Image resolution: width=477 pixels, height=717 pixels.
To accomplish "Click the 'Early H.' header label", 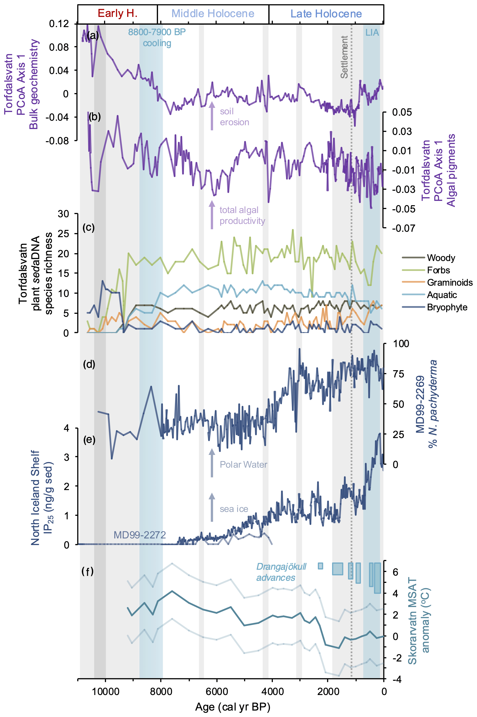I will pyautogui.click(x=118, y=13).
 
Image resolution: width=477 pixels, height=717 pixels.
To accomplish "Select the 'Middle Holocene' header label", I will pyautogui.click(x=213, y=14).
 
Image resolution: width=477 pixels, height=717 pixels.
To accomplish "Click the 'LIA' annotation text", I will pyautogui.click(x=372, y=32).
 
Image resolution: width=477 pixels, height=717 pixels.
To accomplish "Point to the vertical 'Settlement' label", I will pyautogui.click(x=344, y=57).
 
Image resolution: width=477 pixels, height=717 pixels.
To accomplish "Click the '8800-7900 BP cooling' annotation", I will pyautogui.click(x=157, y=37).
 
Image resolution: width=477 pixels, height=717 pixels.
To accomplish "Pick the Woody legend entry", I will pyautogui.click(x=441, y=258).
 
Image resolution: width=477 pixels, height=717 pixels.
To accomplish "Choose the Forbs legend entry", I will pyautogui.click(x=438, y=270).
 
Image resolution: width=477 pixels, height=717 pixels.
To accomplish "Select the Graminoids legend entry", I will pyautogui.click(x=450, y=282).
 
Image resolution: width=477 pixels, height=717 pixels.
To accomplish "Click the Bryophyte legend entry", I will pyautogui.click(x=447, y=307).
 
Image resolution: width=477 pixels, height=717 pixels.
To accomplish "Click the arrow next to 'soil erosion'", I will pyautogui.click(x=212, y=116).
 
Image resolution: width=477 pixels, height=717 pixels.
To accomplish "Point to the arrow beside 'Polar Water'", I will pyautogui.click(x=212, y=462).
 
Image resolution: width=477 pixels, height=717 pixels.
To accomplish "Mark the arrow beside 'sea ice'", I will pyautogui.click(x=212, y=507).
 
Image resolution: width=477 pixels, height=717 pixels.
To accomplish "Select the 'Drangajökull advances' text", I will pyautogui.click(x=281, y=572).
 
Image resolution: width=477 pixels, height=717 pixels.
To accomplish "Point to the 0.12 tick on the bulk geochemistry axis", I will pyautogui.click(x=59, y=24).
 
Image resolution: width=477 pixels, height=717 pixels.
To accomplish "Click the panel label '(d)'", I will pyautogui.click(x=89, y=364).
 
